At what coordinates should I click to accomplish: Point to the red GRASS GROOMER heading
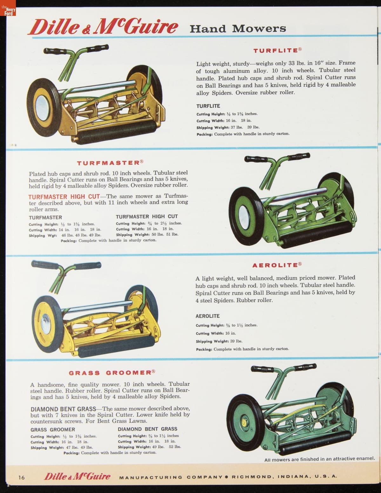112,372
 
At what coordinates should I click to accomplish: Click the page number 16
21,477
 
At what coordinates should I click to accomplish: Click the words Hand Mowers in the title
237,29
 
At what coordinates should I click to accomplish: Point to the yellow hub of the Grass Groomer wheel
244,423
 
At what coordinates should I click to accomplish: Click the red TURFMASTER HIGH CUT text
64,197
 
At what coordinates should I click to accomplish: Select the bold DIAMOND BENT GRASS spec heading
147,429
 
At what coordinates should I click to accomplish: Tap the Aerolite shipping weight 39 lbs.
236,341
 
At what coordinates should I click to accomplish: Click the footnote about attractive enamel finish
319,459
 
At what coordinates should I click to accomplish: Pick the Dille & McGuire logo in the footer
77,476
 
